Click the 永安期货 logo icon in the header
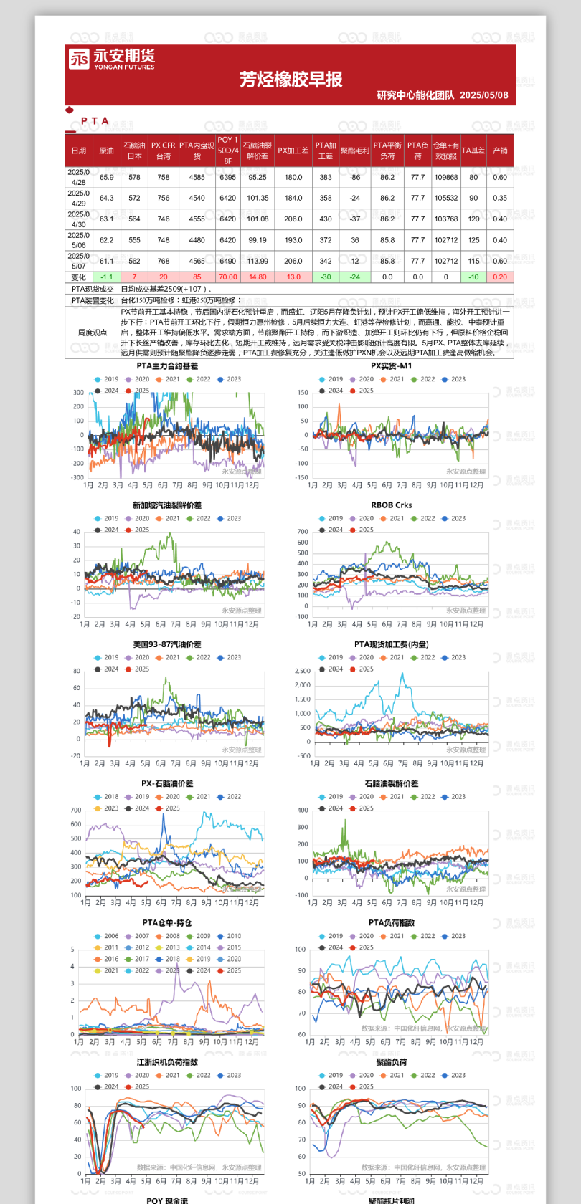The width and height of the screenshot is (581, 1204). point(79,59)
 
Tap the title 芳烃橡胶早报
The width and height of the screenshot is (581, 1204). point(290,80)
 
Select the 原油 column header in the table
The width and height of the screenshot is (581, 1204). point(106,150)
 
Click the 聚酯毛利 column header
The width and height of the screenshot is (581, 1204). point(354,150)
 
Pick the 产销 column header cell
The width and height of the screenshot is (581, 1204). point(500,150)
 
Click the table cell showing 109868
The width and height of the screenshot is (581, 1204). point(445,177)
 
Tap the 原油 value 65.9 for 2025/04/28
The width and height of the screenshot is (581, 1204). point(106,177)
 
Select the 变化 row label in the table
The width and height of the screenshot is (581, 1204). point(78,277)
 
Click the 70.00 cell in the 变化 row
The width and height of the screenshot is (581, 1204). point(227,277)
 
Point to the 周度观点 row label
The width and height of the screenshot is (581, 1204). point(93,333)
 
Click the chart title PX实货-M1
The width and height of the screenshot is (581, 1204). point(391,365)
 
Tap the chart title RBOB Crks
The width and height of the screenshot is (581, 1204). point(391,505)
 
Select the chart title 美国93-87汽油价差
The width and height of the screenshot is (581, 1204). point(167,644)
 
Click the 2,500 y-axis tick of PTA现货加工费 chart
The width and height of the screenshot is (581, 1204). point(303,671)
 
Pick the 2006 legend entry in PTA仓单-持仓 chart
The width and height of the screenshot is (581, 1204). point(107,936)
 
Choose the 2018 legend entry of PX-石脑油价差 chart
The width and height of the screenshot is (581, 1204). point(107,797)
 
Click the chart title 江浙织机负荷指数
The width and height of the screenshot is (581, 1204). point(167,1062)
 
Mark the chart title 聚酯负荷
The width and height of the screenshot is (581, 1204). point(391,1062)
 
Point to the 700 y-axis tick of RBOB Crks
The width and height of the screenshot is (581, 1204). point(303,532)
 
